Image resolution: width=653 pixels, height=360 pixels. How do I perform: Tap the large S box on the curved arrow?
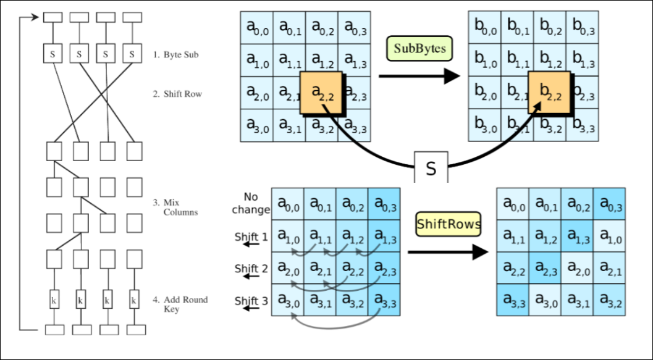click(431, 168)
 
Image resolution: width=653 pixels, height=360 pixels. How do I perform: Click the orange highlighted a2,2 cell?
click(322, 93)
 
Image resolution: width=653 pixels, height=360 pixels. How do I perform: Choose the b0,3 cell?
click(583, 27)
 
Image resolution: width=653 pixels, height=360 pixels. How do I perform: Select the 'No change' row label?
click(251, 203)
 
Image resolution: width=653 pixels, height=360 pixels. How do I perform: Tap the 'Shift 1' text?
click(251, 237)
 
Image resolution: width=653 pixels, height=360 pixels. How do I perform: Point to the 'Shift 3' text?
click(251, 301)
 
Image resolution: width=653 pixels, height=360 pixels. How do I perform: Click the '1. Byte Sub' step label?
click(176, 55)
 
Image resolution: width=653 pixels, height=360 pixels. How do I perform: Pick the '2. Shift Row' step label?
click(177, 94)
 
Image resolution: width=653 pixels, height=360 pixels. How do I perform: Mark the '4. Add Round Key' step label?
click(180, 304)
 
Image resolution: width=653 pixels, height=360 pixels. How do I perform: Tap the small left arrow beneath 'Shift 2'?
click(251, 277)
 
